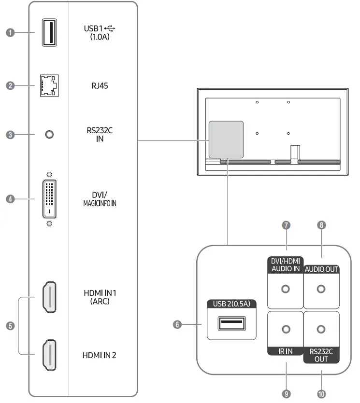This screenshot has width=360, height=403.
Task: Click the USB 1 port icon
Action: coord(49,33)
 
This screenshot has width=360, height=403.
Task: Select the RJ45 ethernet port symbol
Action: coord(49,86)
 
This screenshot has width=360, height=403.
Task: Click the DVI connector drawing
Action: coord(49,198)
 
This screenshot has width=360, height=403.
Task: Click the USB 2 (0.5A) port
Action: coord(231,324)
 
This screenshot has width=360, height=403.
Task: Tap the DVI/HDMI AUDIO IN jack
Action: coord(285,289)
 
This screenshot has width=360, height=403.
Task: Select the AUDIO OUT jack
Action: coord(321,289)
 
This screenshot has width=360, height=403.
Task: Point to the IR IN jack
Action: coord(285,330)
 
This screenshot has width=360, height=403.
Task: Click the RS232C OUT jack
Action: coord(321,330)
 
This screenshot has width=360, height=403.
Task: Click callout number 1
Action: coord(10,33)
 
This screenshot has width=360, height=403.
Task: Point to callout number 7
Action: coord(286,225)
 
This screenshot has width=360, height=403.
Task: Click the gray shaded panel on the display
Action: coord(226,139)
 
